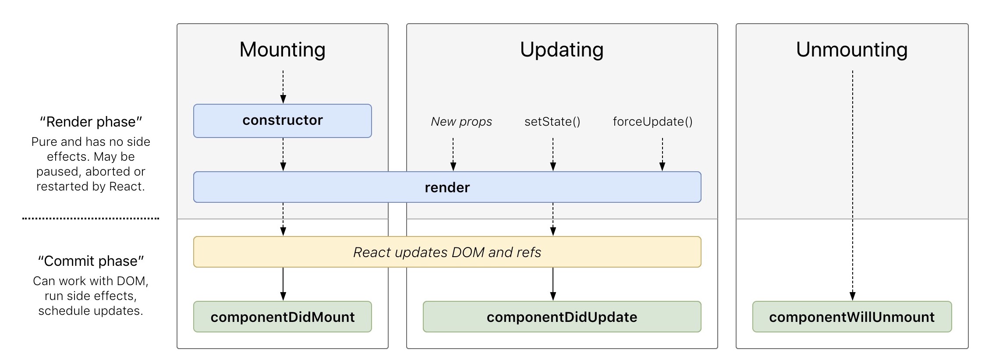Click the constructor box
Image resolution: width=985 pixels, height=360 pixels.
point(283,121)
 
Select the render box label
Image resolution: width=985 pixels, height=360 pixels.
point(447,187)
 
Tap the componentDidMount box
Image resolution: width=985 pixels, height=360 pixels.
point(283,317)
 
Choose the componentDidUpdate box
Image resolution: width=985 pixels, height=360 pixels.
point(562,317)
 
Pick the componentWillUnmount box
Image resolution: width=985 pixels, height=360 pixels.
point(852,317)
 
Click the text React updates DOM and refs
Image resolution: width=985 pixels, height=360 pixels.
point(447,252)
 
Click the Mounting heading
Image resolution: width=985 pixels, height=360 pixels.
point(283,49)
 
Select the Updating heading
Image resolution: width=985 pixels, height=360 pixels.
point(562,49)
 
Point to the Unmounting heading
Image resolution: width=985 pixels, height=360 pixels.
point(852,49)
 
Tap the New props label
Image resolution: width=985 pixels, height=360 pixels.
point(461,122)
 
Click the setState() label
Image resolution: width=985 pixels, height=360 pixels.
point(553,122)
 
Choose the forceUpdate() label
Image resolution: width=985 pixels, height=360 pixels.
point(652,122)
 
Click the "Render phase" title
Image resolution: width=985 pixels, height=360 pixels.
point(91,122)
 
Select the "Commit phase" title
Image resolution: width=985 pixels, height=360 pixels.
point(91,261)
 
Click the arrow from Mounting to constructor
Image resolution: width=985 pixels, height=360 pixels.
point(283,87)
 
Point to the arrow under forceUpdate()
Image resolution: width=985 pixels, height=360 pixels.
point(663,154)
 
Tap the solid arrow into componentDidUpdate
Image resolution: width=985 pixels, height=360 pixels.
point(553,284)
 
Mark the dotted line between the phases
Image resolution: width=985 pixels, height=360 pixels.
point(91,218)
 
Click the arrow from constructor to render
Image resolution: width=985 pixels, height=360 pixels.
point(283,154)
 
